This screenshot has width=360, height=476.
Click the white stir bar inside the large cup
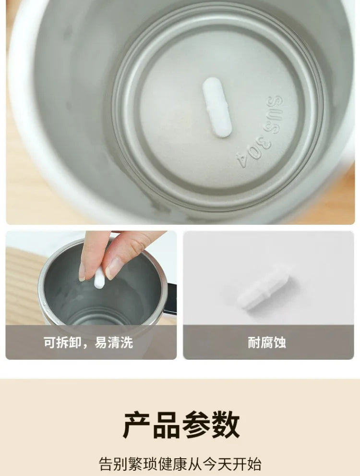tap(217, 108)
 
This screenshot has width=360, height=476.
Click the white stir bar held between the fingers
tap(99, 278)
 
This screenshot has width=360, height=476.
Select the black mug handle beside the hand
tap(171, 298)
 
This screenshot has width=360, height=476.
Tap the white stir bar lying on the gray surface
tap(264, 287)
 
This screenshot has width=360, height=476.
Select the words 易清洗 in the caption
tap(114, 343)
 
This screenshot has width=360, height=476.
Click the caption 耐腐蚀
tap(267, 343)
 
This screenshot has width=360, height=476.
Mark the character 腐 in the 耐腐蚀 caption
tap(267, 343)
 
